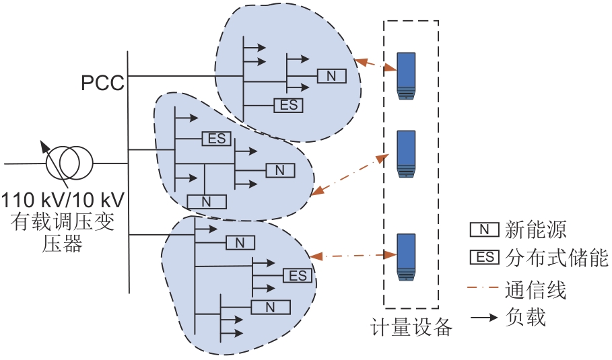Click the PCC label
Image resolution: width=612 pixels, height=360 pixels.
click(102, 83)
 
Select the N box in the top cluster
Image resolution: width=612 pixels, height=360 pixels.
click(331, 75)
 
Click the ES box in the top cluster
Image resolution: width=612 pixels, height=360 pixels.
click(288, 105)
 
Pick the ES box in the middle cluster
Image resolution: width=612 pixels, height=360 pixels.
click(217, 139)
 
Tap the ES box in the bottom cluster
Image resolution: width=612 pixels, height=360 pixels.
click(298, 275)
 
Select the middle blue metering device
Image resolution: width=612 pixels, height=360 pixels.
click(406, 154)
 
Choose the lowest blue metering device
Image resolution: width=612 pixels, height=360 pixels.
click(405, 256)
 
